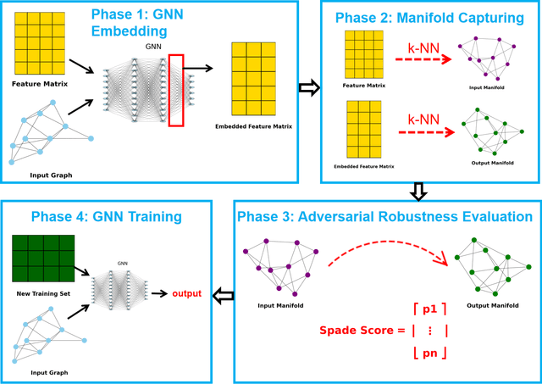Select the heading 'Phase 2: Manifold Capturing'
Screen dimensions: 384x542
pyautogui.click(x=429, y=18)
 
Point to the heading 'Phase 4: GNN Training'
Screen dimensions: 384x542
pyautogui.click(x=108, y=216)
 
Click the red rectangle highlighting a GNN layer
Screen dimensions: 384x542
pyautogui.click(x=175, y=89)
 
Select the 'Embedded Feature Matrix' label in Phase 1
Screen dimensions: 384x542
pyautogui.click(x=252, y=127)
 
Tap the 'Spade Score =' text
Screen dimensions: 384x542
pyautogui.click(x=357, y=330)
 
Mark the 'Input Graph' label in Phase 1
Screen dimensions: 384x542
pyautogui.click(x=52, y=175)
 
